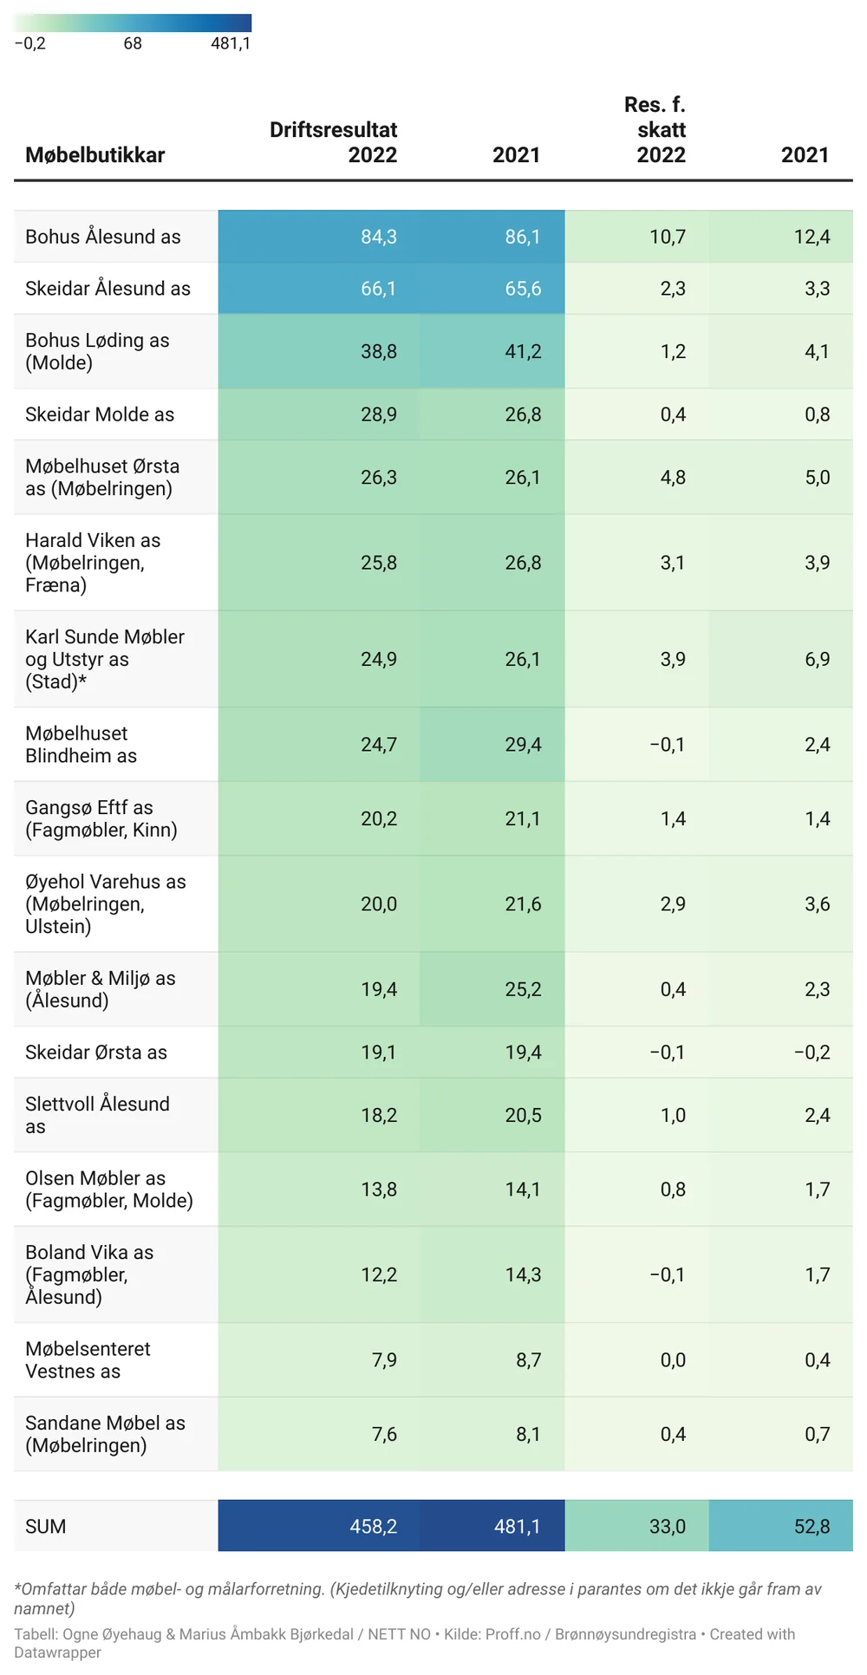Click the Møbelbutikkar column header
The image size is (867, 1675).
(95, 155)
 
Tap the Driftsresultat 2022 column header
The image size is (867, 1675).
(334, 142)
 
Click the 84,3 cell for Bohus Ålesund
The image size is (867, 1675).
(379, 237)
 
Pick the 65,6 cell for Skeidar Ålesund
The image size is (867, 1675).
(523, 289)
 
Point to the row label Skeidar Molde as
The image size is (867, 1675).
(100, 414)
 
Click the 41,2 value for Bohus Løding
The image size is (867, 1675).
(523, 351)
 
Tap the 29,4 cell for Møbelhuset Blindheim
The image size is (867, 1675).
(523, 745)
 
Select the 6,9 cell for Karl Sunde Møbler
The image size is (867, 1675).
(817, 660)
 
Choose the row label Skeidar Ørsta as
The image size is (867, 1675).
(96, 1053)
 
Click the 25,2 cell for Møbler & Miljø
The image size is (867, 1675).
(523, 989)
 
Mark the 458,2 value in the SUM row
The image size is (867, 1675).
(374, 1527)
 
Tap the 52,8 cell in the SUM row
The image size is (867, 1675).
(812, 1527)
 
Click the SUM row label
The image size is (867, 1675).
(46, 1527)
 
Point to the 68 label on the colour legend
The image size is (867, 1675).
(133, 43)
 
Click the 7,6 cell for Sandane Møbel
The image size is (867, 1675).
(384, 1435)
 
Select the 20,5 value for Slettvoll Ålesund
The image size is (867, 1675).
(523, 1116)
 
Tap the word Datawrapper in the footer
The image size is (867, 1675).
(57, 1652)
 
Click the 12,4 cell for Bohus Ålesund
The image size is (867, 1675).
(812, 237)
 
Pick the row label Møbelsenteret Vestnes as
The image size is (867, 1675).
(88, 1360)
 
